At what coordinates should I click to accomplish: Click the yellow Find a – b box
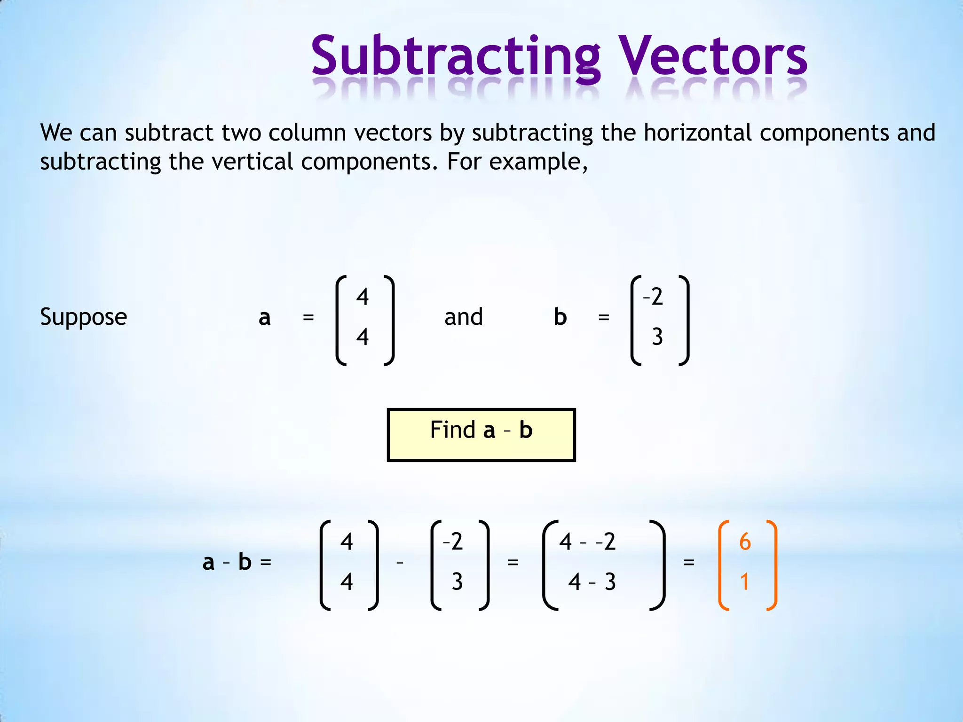(481, 435)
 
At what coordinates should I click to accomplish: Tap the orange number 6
(745, 542)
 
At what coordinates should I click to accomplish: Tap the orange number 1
(744, 582)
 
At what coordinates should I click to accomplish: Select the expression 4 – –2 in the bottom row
(587, 542)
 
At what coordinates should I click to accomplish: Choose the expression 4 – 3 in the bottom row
(592, 582)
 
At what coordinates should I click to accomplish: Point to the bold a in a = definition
(265, 318)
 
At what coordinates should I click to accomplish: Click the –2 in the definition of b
(653, 297)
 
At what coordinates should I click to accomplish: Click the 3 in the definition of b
(657, 337)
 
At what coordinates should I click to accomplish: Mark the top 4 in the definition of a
(363, 297)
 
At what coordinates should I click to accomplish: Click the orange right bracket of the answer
(772, 565)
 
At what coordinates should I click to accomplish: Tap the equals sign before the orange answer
(689, 562)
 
